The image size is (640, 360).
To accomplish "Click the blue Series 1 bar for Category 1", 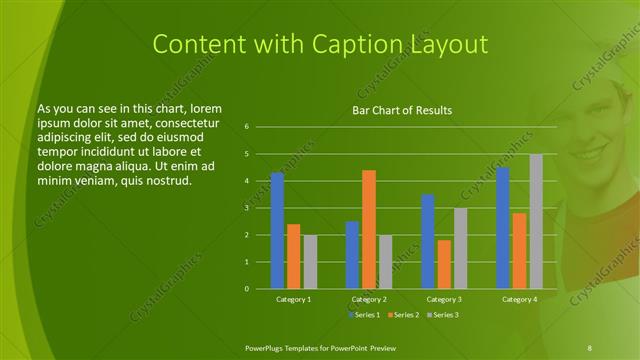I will pyautogui.click(x=277, y=231).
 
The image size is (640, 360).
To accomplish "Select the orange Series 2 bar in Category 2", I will pyautogui.click(x=368, y=229).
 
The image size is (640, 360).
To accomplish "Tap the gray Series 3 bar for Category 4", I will pyautogui.click(x=536, y=221).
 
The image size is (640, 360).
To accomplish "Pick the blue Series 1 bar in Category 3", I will pyautogui.click(x=427, y=241).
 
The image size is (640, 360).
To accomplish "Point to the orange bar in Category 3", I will pyautogui.click(x=444, y=264).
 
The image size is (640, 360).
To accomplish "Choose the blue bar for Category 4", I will pyautogui.click(x=502, y=228).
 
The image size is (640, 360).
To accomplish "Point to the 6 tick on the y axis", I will pyautogui.click(x=246, y=127).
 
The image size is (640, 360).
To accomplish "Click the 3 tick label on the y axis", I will pyautogui.click(x=246, y=208).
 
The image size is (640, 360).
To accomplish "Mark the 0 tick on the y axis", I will pyautogui.click(x=246, y=289).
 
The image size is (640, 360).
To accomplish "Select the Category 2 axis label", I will pyautogui.click(x=369, y=299).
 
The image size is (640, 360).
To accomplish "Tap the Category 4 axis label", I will pyautogui.click(x=519, y=299).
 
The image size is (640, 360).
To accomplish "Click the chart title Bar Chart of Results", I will pyautogui.click(x=402, y=109).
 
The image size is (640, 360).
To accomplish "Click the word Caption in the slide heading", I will pyautogui.click(x=342, y=44).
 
